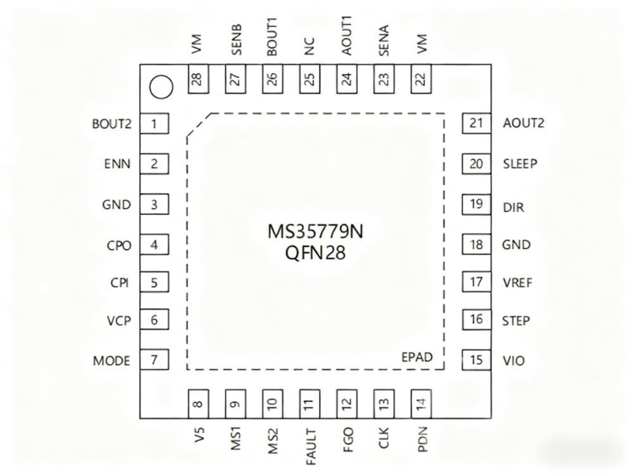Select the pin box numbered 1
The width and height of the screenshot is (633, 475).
point(154,123)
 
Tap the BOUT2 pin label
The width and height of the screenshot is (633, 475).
point(111,123)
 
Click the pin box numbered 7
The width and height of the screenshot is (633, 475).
point(154,360)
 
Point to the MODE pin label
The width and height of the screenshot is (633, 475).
point(111,361)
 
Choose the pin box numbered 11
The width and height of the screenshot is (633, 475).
point(308,404)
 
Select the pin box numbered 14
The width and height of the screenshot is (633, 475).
point(420,404)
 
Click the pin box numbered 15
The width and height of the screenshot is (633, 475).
point(477,360)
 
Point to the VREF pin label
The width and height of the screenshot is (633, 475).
point(517,282)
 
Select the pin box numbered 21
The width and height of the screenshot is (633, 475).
point(477,123)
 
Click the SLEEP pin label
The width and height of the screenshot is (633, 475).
point(520,164)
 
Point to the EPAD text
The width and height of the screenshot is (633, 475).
point(417,357)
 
